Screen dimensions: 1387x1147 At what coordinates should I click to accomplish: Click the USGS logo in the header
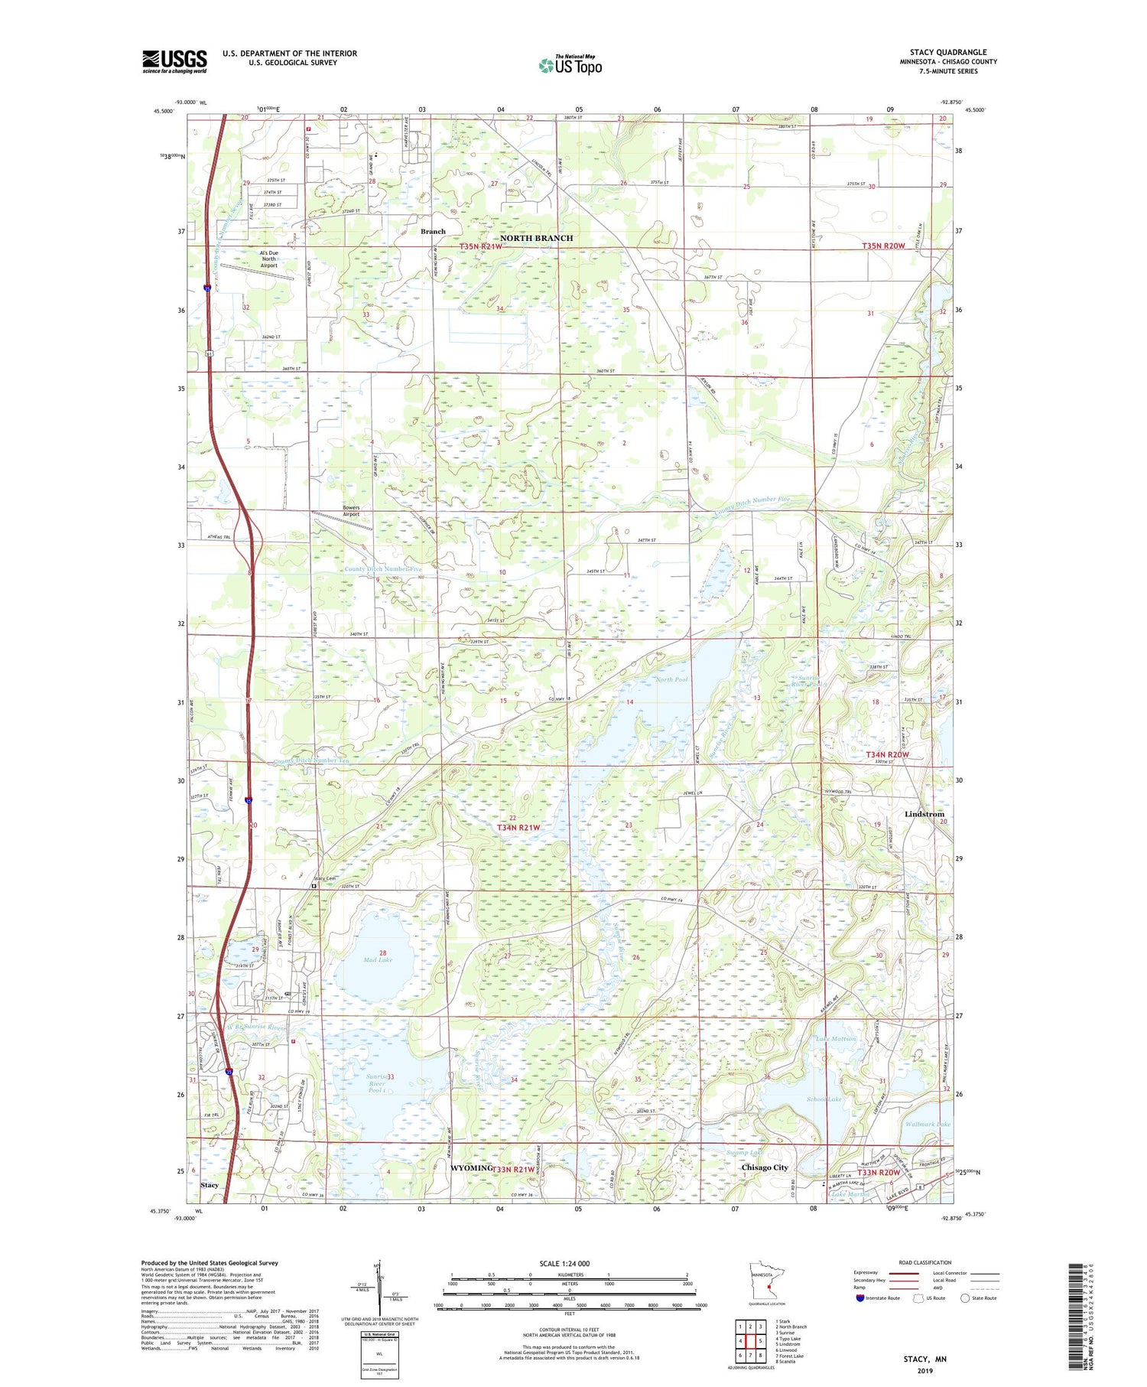[174, 61]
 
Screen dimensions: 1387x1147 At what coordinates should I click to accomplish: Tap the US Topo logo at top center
[570, 65]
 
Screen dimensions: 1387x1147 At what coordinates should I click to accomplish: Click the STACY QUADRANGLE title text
[947, 52]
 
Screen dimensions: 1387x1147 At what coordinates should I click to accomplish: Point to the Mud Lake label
[378, 959]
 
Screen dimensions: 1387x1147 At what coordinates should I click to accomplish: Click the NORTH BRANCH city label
[536, 238]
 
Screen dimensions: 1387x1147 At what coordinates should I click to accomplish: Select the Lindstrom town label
[924, 814]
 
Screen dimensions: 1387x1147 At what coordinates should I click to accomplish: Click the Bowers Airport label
[351, 511]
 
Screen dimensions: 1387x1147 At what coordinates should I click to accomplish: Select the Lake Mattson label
[835, 1038]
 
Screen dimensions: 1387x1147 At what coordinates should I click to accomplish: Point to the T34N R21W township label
[518, 828]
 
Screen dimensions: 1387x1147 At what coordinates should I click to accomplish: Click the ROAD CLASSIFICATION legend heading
[924, 1262]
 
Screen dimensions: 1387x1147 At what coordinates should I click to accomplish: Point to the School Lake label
[823, 1099]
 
